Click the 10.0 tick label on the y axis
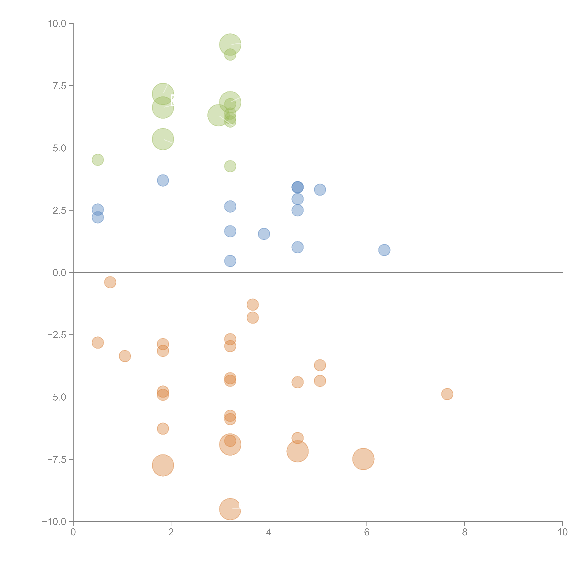[x=57, y=24]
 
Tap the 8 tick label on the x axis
[x=465, y=532]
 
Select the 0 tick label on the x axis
[x=73, y=532]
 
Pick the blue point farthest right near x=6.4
[x=384, y=250]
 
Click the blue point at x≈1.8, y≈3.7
[x=163, y=180]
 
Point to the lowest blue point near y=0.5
[x=230, y=261]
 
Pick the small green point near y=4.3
[x=230, y=166]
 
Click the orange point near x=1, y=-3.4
[x=125, y=356]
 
